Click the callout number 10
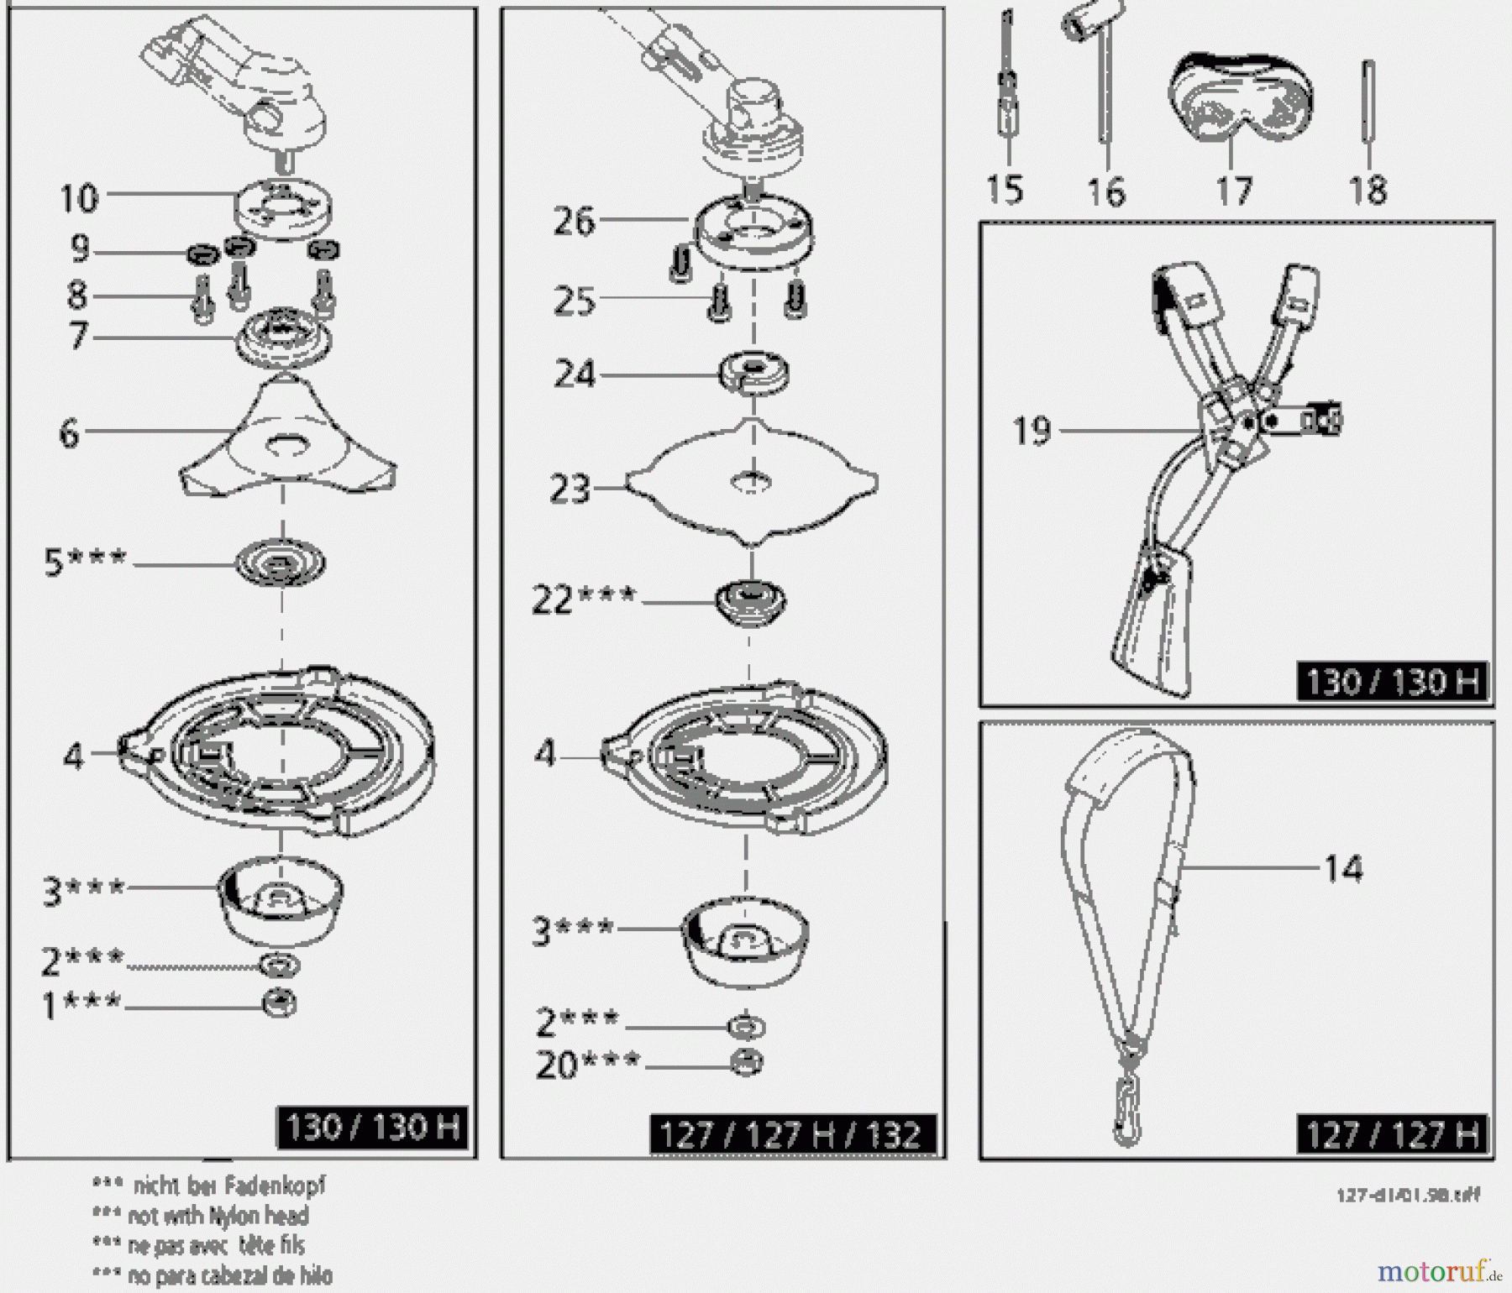80,199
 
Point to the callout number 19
1032,431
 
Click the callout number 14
1343,868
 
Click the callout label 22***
584,599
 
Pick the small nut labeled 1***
280,1003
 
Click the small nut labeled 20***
746,1062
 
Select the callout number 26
574,222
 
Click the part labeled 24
754,372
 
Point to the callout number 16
1106,191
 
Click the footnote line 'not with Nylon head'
217,1215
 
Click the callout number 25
574,301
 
